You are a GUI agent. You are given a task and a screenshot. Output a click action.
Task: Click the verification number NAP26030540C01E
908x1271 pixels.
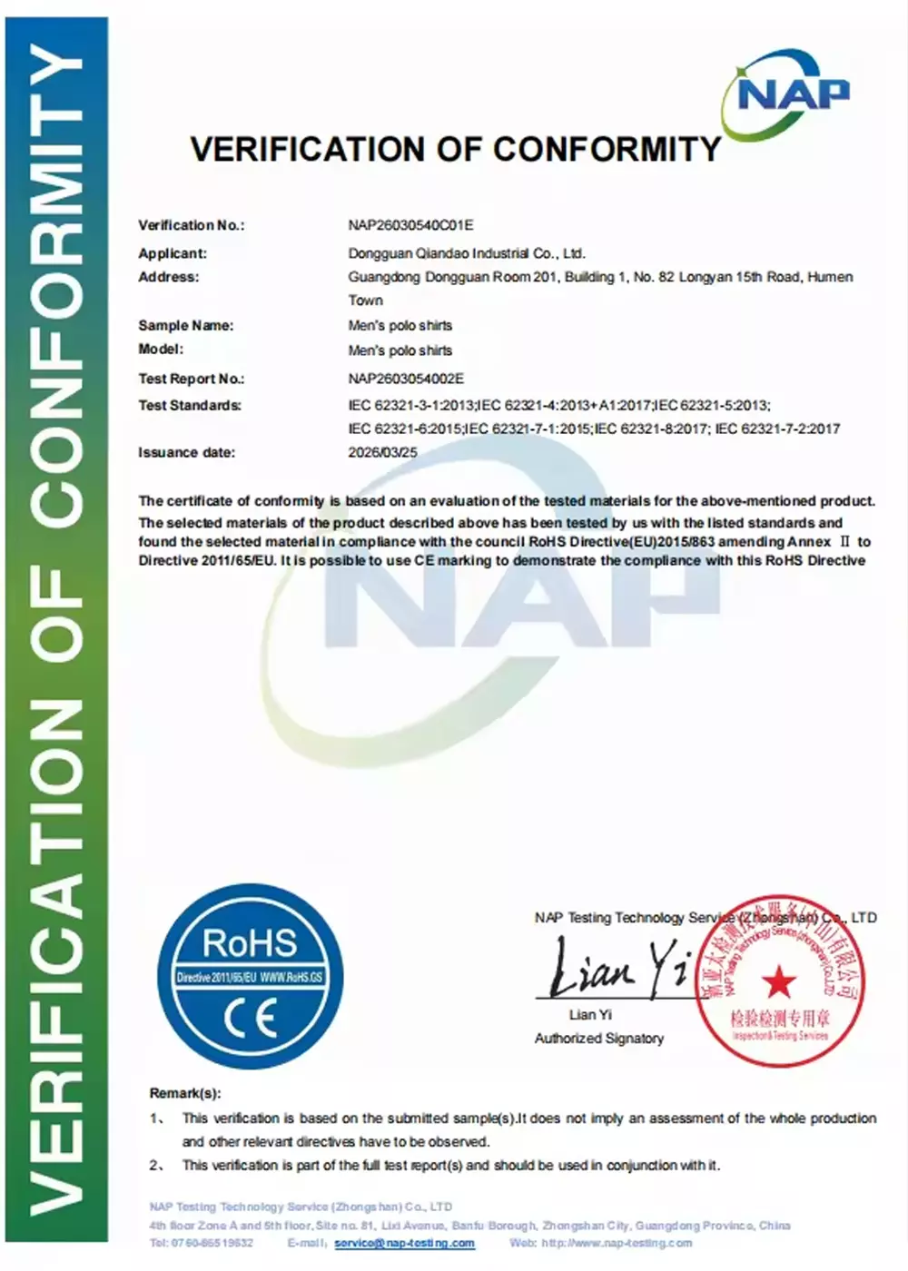click(410, 225)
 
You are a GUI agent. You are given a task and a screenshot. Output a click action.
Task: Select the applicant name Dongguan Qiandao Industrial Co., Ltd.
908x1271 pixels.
click(467, 253)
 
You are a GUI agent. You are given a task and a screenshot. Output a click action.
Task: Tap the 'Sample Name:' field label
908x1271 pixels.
click(185, 325)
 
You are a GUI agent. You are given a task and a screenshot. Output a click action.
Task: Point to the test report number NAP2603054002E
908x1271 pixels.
click(406, 379)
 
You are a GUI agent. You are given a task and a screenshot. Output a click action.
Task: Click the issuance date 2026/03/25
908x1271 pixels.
click(382, 452)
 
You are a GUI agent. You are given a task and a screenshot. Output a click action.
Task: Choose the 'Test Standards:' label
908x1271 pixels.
click(190, 405)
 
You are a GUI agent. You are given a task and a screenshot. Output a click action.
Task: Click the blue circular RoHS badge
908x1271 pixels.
click(250, 975)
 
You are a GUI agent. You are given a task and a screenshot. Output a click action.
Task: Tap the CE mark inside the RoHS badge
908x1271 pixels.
click(251, 1020)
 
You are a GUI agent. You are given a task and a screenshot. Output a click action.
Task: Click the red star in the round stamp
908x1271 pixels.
click(778, 980)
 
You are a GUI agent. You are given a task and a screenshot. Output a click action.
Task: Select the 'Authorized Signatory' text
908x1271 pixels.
click(598, 1038)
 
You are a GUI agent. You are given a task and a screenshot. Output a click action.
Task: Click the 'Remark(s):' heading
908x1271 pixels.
click(185, 1093)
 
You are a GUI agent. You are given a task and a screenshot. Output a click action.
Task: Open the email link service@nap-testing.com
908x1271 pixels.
click(404, 1243)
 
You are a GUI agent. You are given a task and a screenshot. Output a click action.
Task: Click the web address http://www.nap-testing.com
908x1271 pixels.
click(617, 1243)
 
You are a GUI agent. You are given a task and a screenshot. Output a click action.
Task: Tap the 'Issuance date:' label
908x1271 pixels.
click(186, 452)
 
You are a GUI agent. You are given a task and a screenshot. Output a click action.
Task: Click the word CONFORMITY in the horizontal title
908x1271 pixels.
click(607, 149)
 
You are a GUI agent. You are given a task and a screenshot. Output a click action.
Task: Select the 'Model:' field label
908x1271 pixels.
click(161, 349)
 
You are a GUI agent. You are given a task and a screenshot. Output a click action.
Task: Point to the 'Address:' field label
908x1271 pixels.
click(168, 277)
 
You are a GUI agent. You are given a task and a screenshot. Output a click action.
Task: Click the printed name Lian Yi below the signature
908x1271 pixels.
click(590, 1014)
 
